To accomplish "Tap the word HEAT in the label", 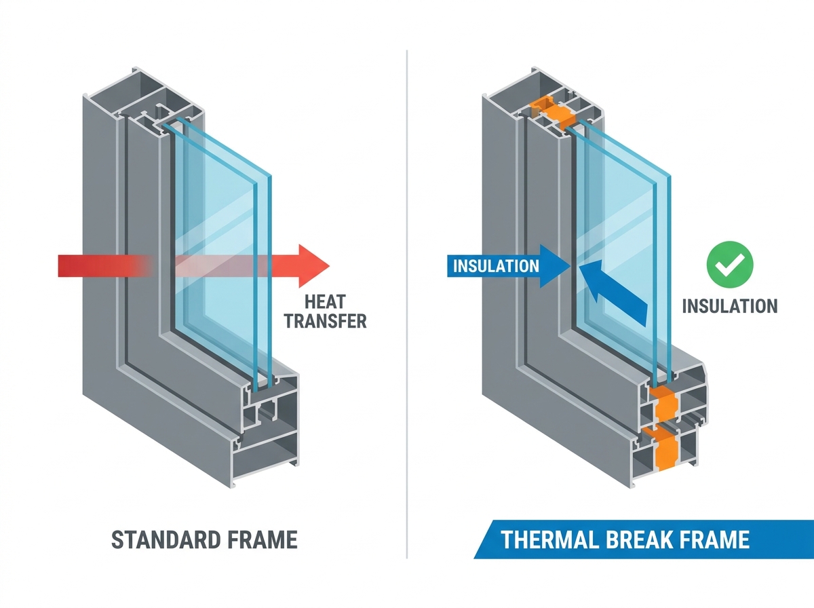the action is [x=325, y=302].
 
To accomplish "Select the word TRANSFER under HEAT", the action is [x=325, y=321].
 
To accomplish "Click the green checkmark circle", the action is [x=730, y=265].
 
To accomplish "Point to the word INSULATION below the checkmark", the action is [x=730, y=306].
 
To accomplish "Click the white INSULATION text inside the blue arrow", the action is [x=496, y=266].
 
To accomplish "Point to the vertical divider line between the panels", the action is [x=407, y=304].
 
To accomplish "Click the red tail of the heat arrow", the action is [x=104, y=266].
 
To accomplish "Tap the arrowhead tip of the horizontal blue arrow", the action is [x=570, y=266].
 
